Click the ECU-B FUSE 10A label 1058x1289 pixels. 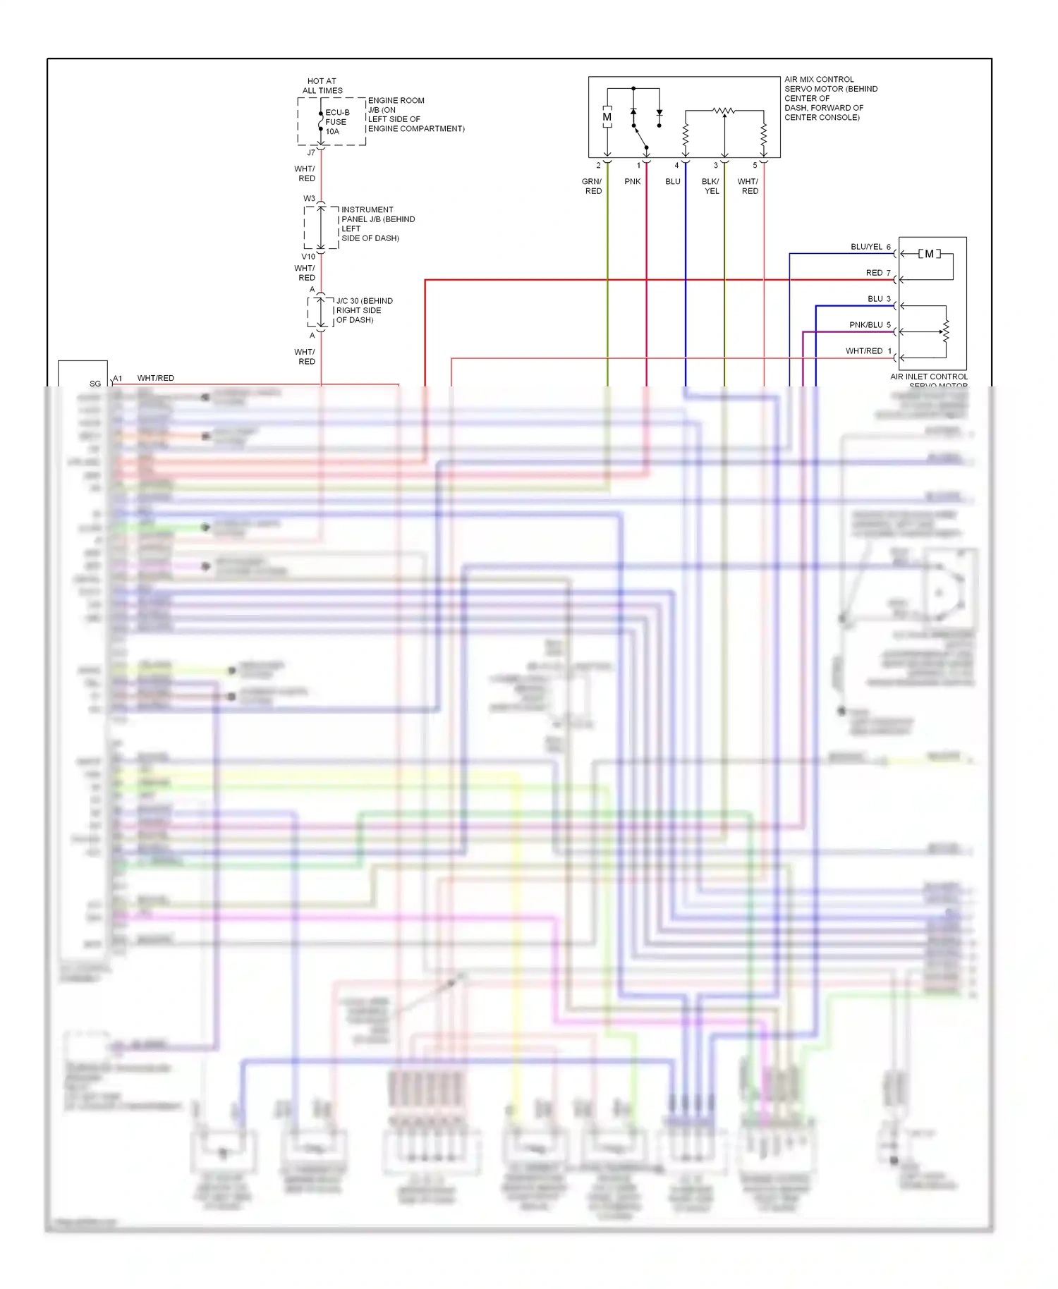click(336, 122)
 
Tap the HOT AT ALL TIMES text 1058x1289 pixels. click(322, 86)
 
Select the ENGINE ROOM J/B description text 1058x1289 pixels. click(415, 114)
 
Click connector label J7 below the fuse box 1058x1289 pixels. click(311, 152)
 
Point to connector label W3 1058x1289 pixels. click(309, 198)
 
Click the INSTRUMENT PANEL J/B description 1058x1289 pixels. click(377, 224)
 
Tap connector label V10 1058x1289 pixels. click(308, 256)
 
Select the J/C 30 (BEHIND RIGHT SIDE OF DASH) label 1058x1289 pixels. click(364, 310)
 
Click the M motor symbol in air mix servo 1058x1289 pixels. click(607, 117)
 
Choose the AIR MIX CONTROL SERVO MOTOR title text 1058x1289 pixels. click(830, 98)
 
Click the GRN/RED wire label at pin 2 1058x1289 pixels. click(592, 186)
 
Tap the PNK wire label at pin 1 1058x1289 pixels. click(633, 181)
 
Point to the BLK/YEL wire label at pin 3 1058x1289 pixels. click(711, 186)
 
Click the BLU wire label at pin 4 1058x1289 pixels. click(673, 181)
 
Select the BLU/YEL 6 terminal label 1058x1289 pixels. click(870, 247)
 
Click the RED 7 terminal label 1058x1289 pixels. click(878, 273)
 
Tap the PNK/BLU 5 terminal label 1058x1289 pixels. click(870, 325)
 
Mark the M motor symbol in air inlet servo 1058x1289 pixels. click(929, 254)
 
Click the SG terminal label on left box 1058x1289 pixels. click(95, 384)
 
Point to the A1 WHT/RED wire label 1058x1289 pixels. click(145, 378)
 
